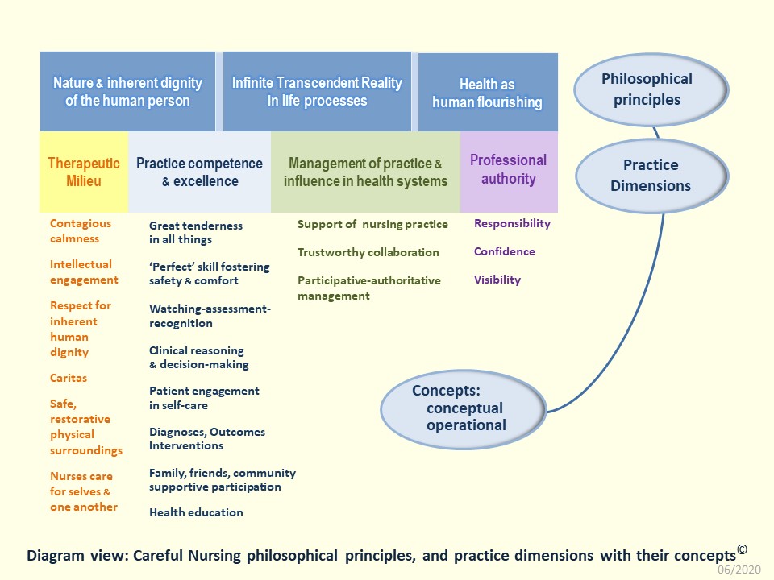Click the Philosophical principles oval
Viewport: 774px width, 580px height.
(647, 89)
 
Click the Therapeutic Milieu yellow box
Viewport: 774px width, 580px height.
(84, 172)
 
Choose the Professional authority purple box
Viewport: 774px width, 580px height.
(508, 170)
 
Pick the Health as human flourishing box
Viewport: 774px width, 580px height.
(487, 93)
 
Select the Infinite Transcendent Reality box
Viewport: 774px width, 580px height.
(317, 91)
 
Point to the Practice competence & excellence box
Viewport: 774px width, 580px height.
(199, 172)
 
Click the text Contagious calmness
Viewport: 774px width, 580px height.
(81, 230)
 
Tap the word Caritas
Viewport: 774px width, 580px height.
(69, 378)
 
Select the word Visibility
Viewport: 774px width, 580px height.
(497, 280)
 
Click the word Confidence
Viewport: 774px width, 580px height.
(504, 251)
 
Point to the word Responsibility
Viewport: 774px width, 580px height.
(512, 223)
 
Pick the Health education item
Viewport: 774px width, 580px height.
(196, 512)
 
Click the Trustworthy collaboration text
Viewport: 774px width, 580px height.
(368, 252)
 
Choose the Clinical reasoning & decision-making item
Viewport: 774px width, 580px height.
(198, 357)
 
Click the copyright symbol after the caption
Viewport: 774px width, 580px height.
(742, 550)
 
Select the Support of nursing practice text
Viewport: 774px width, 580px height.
(372, 224)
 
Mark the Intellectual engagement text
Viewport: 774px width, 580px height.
(84, 271)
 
